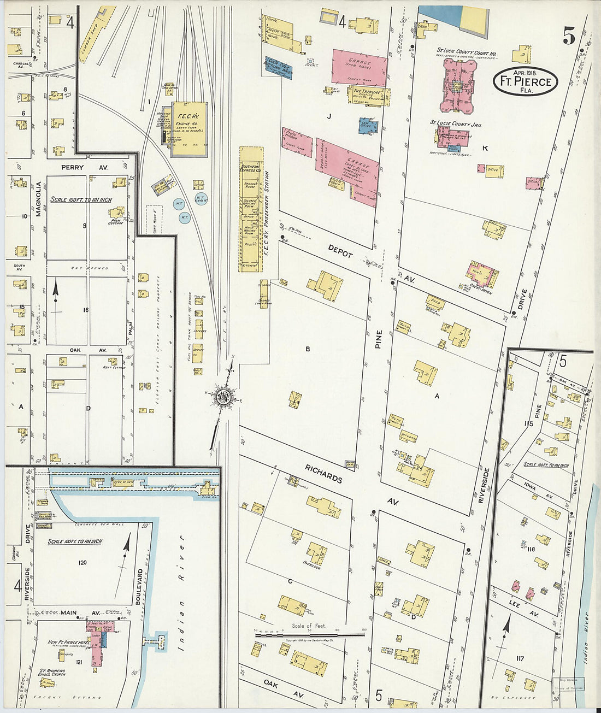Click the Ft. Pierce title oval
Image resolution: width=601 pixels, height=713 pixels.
[525, 81]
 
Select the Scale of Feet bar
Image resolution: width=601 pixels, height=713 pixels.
[310, 635]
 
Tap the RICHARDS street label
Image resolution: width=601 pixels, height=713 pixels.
[324, 474]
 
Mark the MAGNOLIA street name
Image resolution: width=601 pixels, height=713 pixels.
[39, 199]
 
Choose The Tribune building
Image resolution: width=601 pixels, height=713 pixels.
[368, 95]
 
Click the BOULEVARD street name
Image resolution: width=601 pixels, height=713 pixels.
[140, 586]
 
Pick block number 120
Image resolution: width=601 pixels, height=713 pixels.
[83, 562]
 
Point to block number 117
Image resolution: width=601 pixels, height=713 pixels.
[520, 658]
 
